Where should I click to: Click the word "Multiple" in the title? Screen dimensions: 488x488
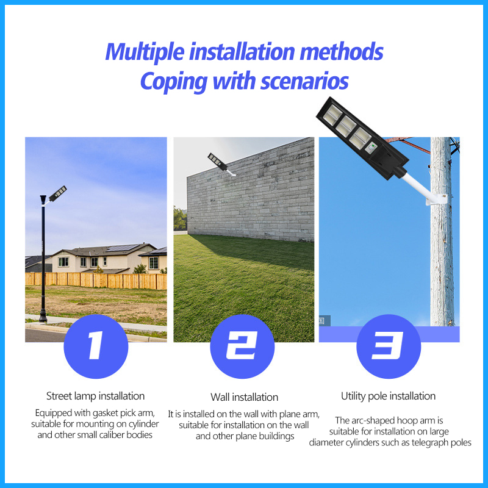click(145, 52)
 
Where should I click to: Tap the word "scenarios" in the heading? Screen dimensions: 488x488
click(304, 81)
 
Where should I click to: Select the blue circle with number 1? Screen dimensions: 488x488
click(96, 346)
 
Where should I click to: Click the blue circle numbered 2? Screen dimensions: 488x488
click(242, 346)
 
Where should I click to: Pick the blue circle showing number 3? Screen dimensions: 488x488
click(389, 346)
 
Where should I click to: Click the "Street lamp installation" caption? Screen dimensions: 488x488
click(96, 396)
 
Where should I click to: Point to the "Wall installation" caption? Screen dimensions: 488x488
click(245, 397)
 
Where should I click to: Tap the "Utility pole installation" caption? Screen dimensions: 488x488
click(388, 396)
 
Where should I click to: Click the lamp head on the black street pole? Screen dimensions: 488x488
click(57, 193)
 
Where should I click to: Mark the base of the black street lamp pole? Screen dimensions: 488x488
click(43, 317)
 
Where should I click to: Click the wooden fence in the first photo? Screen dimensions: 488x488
click(96, 281)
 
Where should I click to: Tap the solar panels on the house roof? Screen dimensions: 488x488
click(123, 248)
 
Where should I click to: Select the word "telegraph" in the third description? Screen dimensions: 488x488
click(424, 443)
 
